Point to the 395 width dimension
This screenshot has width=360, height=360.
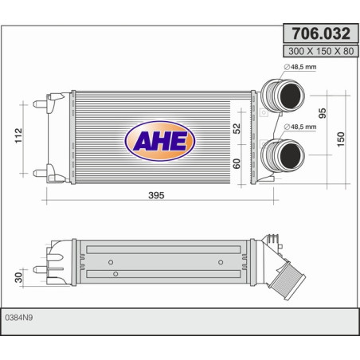155,195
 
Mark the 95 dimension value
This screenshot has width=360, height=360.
323,112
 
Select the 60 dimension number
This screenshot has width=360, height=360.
237,163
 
